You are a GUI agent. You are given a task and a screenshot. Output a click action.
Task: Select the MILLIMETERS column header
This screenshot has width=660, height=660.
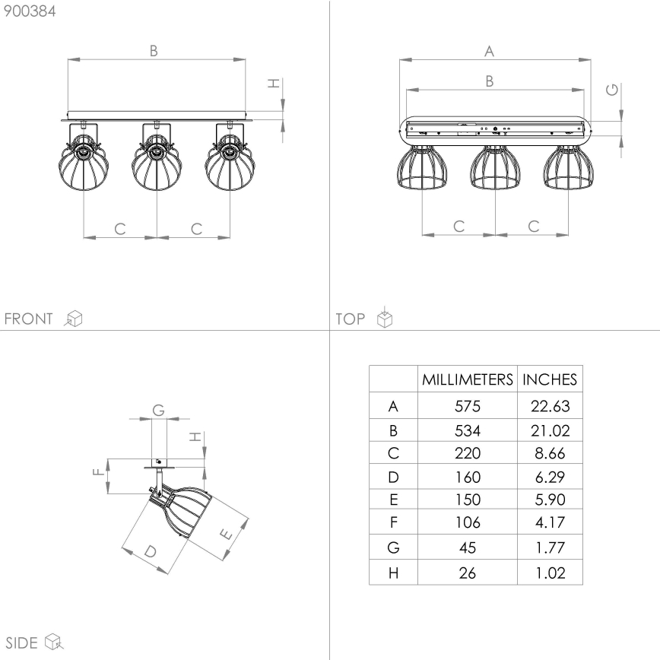point(468,379)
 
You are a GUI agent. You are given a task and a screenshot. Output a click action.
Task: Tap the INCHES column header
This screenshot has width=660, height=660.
point(550,379)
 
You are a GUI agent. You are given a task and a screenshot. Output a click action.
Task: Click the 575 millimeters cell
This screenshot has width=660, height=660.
point(468,406)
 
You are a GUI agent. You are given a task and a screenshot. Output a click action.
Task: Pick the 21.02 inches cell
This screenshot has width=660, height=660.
point(550,430)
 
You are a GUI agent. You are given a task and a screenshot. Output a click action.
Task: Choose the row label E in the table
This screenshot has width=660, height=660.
point(393,500)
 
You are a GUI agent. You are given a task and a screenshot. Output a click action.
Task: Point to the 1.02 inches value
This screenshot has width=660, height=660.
point(550,573)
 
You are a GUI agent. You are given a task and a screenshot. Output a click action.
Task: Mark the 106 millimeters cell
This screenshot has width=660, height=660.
point(468,522)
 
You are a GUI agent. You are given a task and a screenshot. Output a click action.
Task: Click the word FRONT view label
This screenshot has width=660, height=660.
point(29,319)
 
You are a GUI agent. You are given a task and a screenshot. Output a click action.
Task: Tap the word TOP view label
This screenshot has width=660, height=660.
point(351,319)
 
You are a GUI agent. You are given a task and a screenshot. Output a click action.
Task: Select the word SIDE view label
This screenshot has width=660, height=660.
point(22,643)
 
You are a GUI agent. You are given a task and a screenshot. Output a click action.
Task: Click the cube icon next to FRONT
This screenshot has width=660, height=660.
point(74,319)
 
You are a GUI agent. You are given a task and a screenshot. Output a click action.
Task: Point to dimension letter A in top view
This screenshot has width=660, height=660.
point(490,51)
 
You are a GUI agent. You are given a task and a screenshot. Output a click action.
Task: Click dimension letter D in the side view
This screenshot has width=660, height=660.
point(150,551)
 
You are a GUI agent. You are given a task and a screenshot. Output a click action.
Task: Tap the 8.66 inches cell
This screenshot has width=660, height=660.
point(550,454)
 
